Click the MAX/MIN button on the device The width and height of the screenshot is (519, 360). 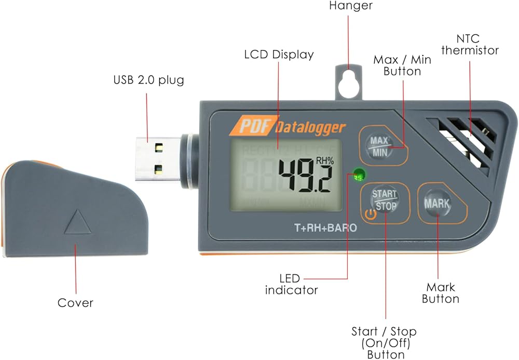tap(379, 146)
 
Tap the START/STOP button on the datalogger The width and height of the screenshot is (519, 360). tap(385, 200)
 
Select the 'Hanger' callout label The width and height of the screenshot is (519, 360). tap(351, 6)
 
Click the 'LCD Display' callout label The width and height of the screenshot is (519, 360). tap(279, 54)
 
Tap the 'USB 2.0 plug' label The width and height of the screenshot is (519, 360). tap(149, 80)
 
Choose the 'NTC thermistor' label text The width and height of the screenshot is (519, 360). tap(477, 45)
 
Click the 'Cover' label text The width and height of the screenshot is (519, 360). tap(76, 302)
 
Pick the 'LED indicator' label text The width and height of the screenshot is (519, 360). tap(291, 284)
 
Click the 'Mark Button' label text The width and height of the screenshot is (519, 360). tap(440, 293)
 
